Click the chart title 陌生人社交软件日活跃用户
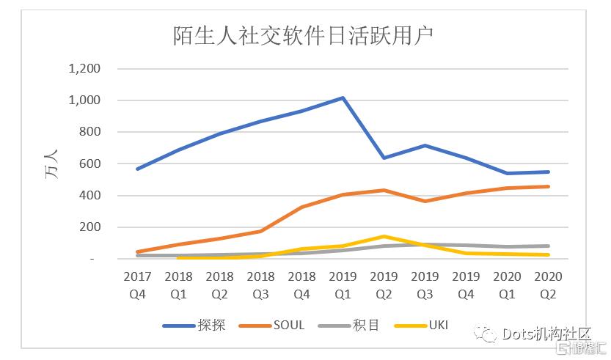304,35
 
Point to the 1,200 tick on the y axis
84,69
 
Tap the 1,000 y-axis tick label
84,100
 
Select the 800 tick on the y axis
89,132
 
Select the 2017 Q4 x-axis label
137,284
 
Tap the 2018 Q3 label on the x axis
260,284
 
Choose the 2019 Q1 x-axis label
343,284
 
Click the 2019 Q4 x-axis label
466,284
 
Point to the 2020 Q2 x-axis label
548,284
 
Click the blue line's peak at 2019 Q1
343,98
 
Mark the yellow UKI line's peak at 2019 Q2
384,236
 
